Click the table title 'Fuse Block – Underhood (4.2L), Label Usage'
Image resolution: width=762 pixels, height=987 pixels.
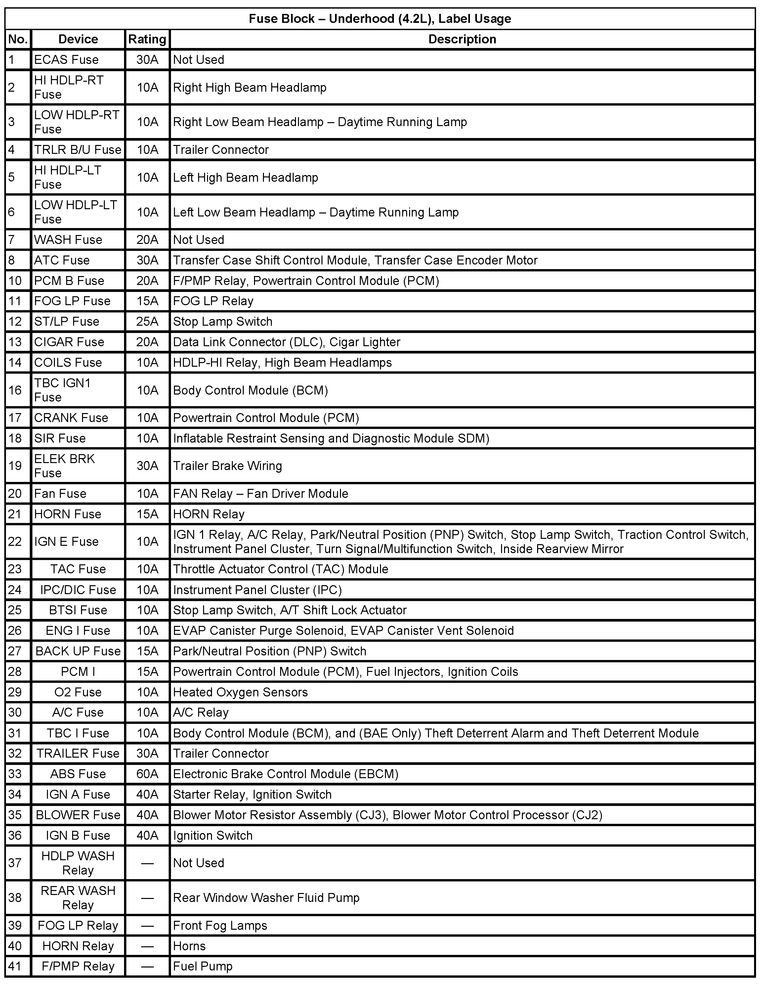380,19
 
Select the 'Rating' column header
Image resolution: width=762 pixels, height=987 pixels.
147,39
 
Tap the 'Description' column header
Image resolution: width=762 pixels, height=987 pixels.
462,39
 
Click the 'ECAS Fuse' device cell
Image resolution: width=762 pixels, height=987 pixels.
66,60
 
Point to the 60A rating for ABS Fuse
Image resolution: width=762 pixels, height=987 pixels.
147,774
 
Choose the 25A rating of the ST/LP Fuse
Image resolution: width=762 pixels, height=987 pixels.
147,322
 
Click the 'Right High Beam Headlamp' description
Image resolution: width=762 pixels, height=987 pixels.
249,88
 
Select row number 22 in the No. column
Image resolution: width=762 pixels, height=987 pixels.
15,541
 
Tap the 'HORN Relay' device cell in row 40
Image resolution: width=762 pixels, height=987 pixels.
78,946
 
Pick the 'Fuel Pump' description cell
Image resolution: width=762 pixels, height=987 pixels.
203,966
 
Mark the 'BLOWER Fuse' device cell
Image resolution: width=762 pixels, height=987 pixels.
78,815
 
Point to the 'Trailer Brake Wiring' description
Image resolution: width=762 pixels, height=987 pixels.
227,466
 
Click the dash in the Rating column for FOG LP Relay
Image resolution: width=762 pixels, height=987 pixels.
147,925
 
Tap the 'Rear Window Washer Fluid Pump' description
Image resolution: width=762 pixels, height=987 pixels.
266,898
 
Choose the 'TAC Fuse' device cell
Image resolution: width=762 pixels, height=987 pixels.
78,569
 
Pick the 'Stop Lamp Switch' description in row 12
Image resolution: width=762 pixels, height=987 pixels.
223,322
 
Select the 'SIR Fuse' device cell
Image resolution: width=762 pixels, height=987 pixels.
60,438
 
